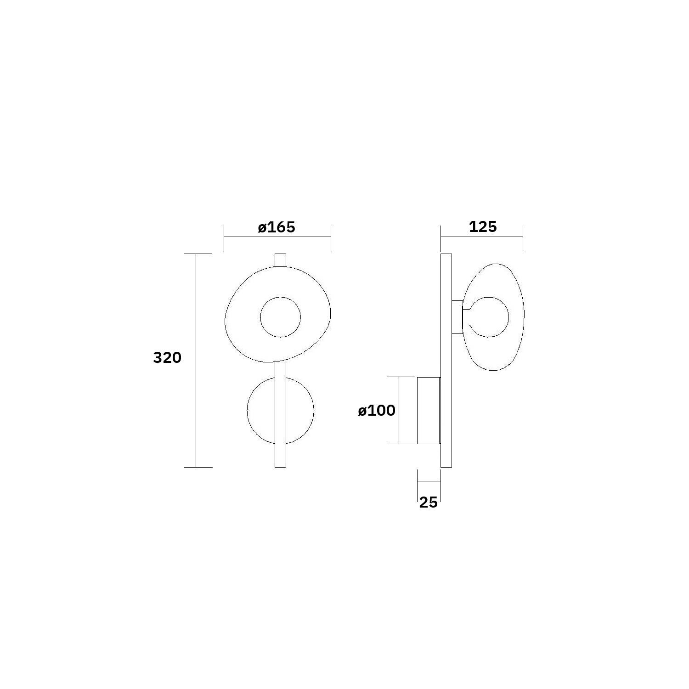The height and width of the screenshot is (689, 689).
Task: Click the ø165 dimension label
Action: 276,227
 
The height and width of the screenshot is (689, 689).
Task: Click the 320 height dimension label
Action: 167,357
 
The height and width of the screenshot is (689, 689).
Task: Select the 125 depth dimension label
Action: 483,226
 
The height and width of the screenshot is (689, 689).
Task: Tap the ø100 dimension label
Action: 377,410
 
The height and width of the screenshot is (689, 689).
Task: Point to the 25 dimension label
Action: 428,503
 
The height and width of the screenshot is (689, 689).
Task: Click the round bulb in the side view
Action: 508,317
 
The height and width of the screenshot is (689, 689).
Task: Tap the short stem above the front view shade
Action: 280,260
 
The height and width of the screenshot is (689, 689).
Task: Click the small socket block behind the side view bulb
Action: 457,317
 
